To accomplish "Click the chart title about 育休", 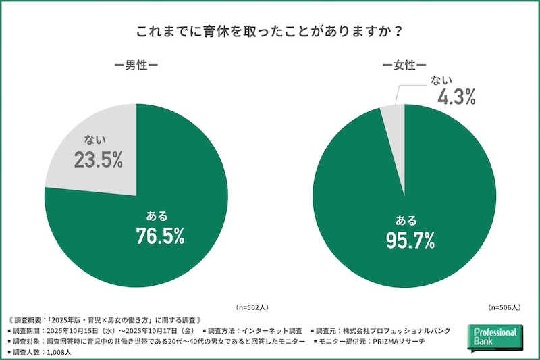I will point(270,32).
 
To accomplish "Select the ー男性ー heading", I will point(136,68).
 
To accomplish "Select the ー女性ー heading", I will point(404,68).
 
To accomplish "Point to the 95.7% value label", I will point(410,240).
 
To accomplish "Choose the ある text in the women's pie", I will point(406,220).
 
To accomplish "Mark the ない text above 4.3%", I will point(441,80).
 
